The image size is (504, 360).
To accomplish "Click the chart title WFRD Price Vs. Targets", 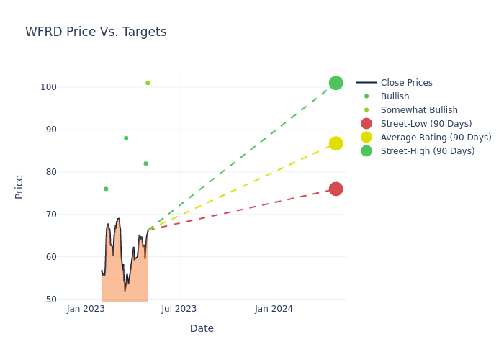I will [96, 32].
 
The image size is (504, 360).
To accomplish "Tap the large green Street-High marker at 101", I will [336, 83].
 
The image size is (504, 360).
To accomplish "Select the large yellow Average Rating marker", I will [336, 143].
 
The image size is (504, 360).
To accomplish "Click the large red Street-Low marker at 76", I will [336, 189].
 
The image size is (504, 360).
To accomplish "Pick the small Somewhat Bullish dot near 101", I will [148, 83].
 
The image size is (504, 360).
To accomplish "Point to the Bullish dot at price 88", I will [126, 138].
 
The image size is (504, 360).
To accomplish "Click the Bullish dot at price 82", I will [145, 163].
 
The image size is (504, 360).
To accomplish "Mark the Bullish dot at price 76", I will [106, 189].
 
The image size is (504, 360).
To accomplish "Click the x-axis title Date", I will [202, 328].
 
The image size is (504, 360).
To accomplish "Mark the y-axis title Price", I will [19, 186].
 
